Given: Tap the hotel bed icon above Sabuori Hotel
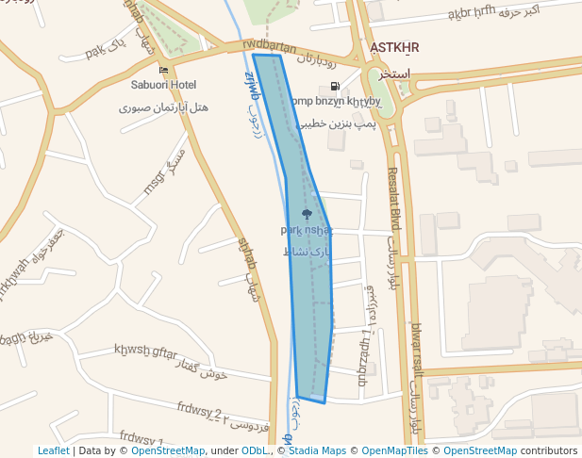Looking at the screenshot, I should [x=164, y=70].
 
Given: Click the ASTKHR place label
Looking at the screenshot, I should [x=395, y=47].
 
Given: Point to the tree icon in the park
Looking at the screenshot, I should [x=306, y=215].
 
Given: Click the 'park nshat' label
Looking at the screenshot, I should [x=307, y=230].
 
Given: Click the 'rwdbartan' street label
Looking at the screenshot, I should [x=269, y=46].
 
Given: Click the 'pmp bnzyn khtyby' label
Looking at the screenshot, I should [x=335, y=101].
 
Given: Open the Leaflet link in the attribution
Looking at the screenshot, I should [x=53, y=451].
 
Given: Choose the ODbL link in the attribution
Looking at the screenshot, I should [x=256, y=451].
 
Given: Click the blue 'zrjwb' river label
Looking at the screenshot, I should [x=252, y=83].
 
